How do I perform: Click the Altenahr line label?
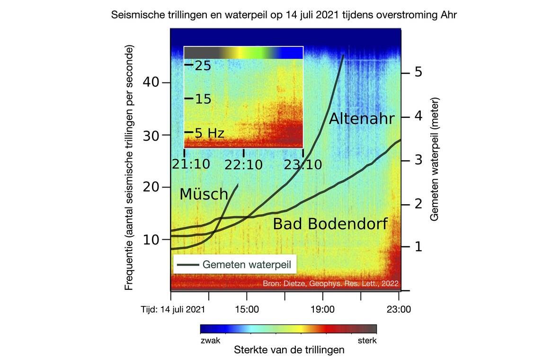(361, 118)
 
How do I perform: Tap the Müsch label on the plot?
(204, 194)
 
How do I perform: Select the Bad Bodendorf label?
(330, 224)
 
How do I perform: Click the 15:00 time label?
(246, 310)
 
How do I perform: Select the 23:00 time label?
(399, 310)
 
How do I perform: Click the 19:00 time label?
(323, 310)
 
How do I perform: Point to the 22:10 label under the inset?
(243, 165)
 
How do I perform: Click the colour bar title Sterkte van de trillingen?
(289, 351)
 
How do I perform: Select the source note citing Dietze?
(330, 284)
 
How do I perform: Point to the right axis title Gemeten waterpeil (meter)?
(434, 159)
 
